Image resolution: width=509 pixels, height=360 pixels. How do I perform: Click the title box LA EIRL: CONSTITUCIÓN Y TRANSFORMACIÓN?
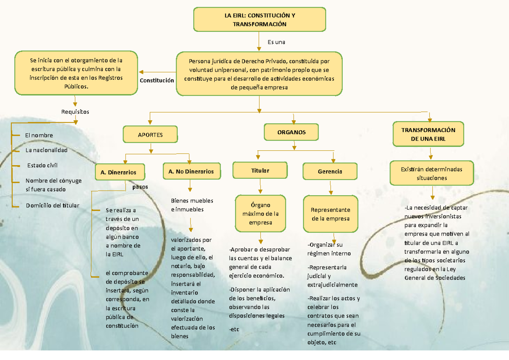point(260,20)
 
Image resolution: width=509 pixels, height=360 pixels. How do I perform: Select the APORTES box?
point(150,135)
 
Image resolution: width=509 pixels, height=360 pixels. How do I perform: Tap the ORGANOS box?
point(291,132)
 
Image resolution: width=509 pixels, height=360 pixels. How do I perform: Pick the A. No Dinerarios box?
point(191,172)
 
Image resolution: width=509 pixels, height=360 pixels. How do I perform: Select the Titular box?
point(260,170)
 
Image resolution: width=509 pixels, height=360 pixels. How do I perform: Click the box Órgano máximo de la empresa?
point(260,214)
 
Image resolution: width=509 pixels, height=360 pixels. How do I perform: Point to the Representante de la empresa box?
point(330,214)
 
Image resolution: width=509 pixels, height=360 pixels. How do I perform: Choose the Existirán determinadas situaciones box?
point(431,173)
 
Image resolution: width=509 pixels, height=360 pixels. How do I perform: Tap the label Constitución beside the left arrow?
point(157,80)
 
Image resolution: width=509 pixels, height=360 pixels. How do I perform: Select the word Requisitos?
point(75,112)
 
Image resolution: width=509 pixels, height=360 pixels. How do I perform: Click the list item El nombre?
point(39,135)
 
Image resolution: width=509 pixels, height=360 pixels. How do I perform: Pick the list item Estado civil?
point(42,165)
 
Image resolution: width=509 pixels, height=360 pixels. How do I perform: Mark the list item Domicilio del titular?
point(52,205)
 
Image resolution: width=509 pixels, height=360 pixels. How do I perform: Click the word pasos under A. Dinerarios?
point(140,186)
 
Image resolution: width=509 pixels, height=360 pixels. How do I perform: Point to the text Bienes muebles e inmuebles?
point(192,205)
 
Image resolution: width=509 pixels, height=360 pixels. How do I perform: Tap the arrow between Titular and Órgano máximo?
point(260,186)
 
